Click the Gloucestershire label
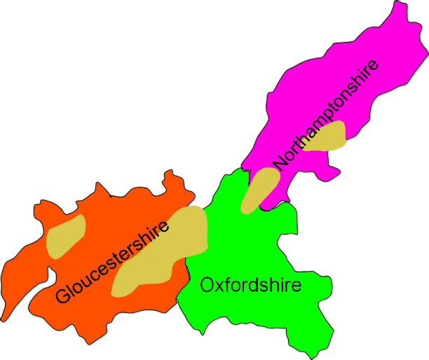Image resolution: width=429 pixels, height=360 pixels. (x=112, y=263)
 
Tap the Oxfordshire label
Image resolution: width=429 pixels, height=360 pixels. (x=250, y=286)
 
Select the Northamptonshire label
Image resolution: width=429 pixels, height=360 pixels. (x=326, y=113)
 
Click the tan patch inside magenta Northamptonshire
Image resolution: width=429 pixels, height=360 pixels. (x=329, y=137)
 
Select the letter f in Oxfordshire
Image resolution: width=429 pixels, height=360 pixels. (x=226, y=284)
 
